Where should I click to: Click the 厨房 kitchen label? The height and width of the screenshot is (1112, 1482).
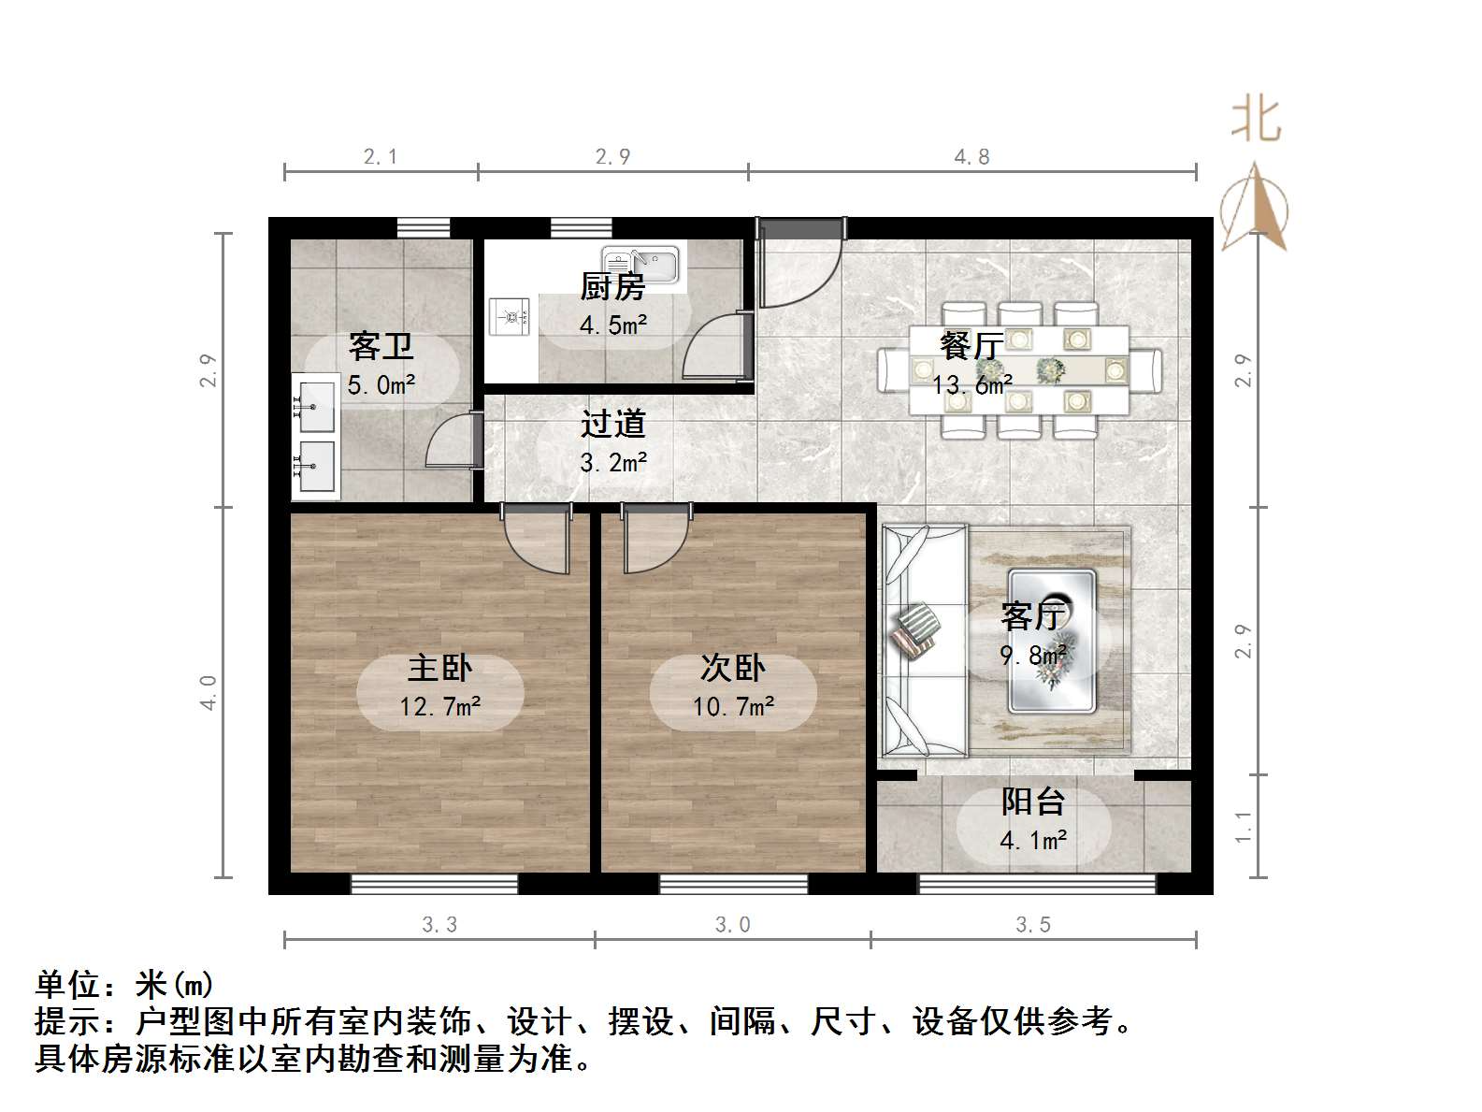pos(612,286)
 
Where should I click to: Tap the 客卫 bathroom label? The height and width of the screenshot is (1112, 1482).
pos(381,346)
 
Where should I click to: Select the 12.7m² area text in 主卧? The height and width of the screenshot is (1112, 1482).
pos(439,706)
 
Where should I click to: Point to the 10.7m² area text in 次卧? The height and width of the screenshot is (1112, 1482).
pos(733,706)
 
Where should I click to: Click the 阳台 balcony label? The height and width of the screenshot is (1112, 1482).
pos(1032,802)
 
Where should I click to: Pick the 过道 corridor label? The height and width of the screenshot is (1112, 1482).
pos(612,424)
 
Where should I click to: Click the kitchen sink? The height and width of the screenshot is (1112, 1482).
pos(641,264)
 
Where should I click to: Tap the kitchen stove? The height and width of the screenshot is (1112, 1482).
pos(510,316)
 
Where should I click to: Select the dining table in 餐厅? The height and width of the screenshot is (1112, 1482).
pos(1019,370)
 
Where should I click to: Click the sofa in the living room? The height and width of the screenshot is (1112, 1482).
pos(924,641)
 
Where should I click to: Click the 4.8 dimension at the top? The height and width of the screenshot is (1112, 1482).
pos(971,157)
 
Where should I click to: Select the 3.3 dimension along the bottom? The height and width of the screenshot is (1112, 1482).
pos(439,925)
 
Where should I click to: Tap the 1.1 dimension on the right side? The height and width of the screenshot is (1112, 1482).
pos(1243,826)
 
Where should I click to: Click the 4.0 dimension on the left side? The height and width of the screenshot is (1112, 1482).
pos(209,693)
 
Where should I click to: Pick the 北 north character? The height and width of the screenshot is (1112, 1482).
pos(1255,121)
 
